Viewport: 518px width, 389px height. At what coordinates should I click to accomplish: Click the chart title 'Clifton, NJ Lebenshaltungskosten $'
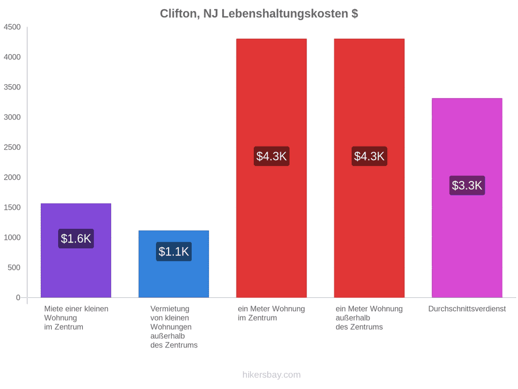click(x=259, y=14)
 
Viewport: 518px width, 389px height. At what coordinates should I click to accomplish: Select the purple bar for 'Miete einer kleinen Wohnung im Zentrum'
click(x=76, y=251)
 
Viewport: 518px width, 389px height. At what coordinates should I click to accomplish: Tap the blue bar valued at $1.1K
click(x=174, y=264)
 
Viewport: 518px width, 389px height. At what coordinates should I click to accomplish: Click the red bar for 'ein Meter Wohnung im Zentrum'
click(x=272, y=168)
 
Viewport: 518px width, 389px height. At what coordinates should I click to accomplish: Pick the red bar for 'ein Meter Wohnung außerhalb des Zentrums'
click(x=370, y=168)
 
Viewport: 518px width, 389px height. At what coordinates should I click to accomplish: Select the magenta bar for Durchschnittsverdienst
click(x=467, y=198)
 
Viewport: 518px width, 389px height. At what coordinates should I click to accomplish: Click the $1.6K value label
click(x=76, y=239)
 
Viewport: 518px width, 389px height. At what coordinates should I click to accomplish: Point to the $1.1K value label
click(x=174, y=252)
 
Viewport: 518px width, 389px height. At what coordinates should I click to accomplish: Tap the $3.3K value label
click(x=467, y=186)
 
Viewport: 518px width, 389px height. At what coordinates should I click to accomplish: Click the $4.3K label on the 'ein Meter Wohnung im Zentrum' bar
click(x=272, y=156)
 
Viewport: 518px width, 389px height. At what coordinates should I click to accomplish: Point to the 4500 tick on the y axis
click(x=12, y=27)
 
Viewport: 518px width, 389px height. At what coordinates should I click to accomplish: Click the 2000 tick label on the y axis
click(x=12, y=177)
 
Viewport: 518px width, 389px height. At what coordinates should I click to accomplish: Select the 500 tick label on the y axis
click(x=14, y=267)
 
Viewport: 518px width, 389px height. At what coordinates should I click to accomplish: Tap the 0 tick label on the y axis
click(x=18, y=298)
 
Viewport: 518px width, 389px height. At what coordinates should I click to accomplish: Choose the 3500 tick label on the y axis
click(x=12, y=88)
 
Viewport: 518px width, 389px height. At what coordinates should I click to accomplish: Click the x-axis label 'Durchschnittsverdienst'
click(x=467, y=309)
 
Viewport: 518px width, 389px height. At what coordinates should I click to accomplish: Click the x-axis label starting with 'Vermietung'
click(x=174, y=327)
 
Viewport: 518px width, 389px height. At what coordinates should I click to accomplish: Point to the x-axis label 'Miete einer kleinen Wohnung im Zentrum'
click(x=76, y=318)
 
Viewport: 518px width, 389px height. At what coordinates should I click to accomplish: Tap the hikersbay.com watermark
click(x=272, y=375)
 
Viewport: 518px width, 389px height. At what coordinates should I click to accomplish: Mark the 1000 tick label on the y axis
click(x=12, y=237)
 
